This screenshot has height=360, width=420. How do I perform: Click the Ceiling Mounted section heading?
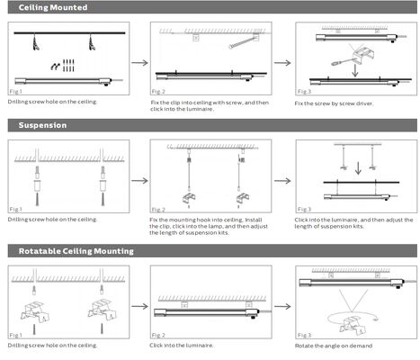53,7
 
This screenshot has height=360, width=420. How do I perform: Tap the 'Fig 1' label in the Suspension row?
16,209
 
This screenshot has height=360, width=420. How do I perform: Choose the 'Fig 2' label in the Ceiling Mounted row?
158,92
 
